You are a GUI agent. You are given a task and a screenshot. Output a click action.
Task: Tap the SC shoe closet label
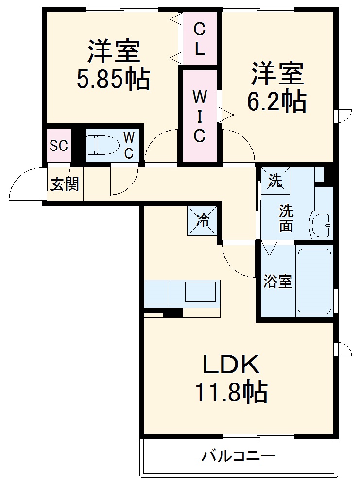(59, 146)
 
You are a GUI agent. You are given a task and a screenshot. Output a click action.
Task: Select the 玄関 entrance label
(65, 184)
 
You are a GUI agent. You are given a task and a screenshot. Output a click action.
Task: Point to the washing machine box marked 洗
(275, 181)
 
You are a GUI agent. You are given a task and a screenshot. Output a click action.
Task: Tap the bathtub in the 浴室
(314, 281)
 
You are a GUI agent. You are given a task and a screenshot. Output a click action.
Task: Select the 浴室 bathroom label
(278, 281)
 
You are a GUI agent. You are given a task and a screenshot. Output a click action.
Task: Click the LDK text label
(231, 365)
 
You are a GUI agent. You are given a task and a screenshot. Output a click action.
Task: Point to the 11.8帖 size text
(231, 392)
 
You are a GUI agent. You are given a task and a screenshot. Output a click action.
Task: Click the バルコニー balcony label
(239, 456)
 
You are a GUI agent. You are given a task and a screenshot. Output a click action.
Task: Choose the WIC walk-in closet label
(200, 117)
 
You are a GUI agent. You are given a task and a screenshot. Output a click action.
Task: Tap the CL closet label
(200, 38)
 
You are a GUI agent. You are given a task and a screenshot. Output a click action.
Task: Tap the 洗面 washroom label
(286, 218)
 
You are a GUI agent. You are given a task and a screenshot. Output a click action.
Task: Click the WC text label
(129, 144)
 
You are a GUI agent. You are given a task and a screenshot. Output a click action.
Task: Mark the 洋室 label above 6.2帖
(277, 74)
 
